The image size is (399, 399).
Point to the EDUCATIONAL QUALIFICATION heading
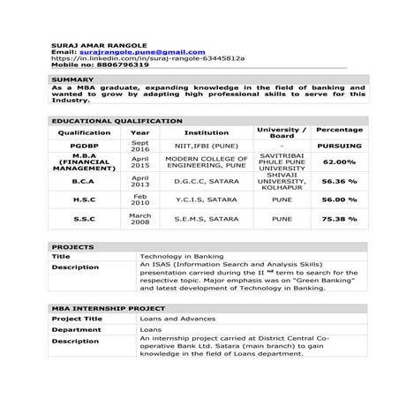click(x=117, y=121)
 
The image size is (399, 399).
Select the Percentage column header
click(x=339, y=131)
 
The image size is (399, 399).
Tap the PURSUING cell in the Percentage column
click(x=339, y=147)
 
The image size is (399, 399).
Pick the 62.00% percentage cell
click(x=339, y=163)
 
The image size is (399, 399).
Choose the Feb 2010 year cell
click(x=140, y=199)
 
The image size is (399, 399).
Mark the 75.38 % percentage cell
click(x=339, y=218)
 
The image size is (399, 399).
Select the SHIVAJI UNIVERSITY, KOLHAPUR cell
click(x=282, y=182)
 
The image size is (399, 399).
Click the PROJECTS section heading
click(x=72, y=247)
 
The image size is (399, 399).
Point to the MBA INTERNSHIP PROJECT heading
click(x=107, y=309)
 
